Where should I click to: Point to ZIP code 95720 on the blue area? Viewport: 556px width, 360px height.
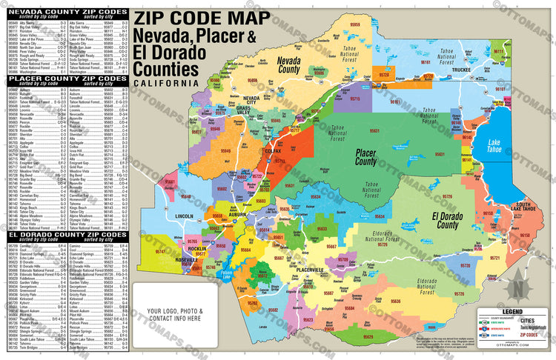click(x=466, y=264)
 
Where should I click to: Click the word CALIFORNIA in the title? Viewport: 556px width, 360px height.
click(x=166, y=83)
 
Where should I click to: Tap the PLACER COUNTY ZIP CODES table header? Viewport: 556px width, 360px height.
click(x=67, y=80)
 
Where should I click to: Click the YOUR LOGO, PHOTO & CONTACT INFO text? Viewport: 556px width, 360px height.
click(x=173, y=315)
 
